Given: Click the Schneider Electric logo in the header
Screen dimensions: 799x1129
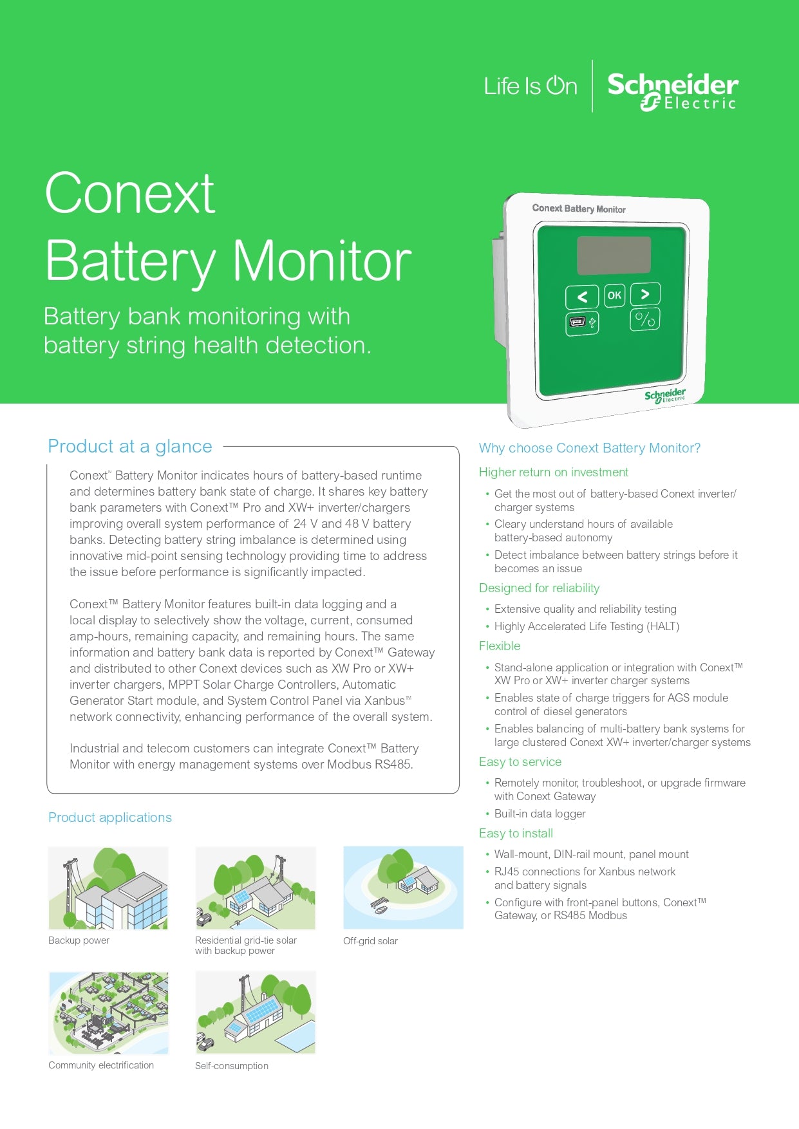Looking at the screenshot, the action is pos(672,91).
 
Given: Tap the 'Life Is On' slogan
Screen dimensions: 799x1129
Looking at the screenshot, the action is pos(531,86).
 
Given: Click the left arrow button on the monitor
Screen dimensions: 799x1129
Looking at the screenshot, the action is pos(582,297).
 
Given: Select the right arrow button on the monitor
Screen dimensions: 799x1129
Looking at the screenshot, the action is pos(645,294).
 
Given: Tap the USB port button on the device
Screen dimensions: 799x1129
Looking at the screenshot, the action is pos(582,323).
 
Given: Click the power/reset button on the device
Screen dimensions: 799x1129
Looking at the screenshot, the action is pos(644,319).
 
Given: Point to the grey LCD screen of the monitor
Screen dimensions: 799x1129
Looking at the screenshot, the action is pos(614,255).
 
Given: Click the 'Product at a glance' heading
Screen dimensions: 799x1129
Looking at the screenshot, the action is pos(130,446).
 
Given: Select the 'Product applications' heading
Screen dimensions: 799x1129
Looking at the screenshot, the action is pos(110,817).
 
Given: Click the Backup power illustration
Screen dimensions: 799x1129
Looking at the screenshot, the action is pos(108,888).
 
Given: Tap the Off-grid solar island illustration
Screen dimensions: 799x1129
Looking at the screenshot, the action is pos(403,888).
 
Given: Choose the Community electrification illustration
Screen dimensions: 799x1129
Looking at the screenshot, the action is pos(108,1012).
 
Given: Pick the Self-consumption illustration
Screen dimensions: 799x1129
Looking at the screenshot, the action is pos(256,1012).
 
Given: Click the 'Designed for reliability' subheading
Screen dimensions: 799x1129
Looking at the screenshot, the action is pos(539,588).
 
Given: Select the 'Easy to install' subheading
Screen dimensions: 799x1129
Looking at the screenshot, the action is pos(516,834).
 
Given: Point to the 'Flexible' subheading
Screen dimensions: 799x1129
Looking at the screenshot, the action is pos(500,646).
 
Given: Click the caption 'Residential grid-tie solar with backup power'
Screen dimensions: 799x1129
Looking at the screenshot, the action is pos(246,946).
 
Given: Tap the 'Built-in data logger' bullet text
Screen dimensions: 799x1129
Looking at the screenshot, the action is pos(540,814).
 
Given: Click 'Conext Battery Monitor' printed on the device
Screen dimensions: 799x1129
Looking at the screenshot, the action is pos(579,209).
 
